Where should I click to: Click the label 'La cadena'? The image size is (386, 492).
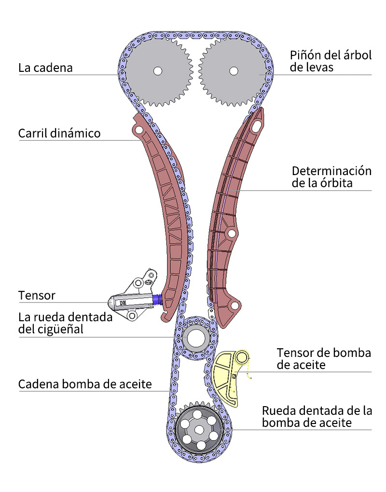tap(45, 67)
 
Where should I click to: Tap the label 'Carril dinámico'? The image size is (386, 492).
tap(59, 133)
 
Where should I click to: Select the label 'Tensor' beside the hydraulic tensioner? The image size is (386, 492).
tap(37, 295)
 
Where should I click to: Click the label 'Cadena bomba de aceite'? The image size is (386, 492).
tap(85, 384)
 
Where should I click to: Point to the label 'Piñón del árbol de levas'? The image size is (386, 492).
tap(331, 61)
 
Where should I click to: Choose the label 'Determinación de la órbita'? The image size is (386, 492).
tap(331, 177)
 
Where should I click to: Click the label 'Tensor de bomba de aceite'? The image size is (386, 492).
tap(324, 358)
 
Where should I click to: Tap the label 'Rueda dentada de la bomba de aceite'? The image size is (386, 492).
tap(317, 417)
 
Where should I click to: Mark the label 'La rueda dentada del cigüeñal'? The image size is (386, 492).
tap(65, 323)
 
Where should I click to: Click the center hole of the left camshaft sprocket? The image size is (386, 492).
tap(157, 71)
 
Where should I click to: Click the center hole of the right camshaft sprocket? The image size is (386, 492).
tap(234, 71)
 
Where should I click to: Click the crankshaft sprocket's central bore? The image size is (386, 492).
tap(195, 338)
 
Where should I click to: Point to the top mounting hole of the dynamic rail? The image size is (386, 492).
tap(139, 130)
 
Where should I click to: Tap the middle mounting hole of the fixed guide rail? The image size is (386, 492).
tap(231, 234)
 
